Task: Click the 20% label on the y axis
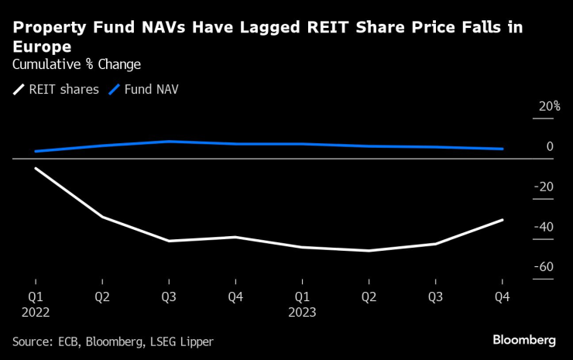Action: [549, 107]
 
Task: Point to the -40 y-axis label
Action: [544, 227]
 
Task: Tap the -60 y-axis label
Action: [544, 267]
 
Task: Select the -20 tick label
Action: [544, 187]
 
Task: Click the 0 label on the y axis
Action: [549, 146]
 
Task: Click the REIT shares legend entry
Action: [57, 89]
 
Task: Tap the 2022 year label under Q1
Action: [36, 313]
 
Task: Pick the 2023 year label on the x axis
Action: [302, 313]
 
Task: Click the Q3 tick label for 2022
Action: [169, 296]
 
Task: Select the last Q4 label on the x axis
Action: [502, 296]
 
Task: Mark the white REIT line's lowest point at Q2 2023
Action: [369, 251]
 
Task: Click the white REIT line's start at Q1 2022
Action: [36, 168]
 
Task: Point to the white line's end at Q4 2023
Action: [503, 220]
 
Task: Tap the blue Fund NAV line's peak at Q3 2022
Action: [169, 142]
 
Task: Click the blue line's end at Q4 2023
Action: [503, 149]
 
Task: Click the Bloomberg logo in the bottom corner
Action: [524, 340]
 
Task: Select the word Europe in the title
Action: [41, 46]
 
